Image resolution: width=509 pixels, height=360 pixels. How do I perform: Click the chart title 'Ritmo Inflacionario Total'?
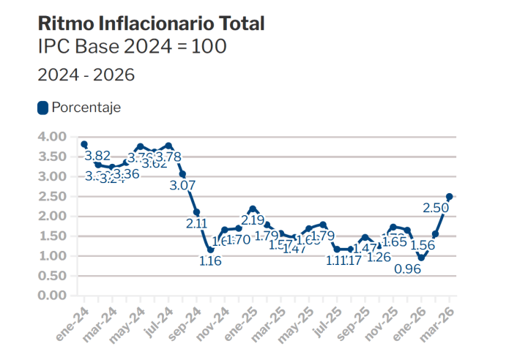[x=151, y=23]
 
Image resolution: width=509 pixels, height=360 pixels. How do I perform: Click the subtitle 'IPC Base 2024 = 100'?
[x=132, y=48]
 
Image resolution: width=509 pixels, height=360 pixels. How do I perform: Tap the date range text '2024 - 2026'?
[x=86, y=75]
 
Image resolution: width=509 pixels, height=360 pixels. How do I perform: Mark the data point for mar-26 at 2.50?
[x=450, y=196]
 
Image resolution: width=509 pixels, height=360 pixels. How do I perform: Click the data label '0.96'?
[x=407, y=269]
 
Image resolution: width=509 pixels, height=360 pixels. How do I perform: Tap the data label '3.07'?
[x=182, y=186]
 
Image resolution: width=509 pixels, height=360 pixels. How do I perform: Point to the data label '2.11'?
[x=196, y=224]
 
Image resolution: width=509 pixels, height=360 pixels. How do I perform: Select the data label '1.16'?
[x=210, y=261]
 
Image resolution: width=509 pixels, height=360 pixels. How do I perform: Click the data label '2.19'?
[x=253, y=220]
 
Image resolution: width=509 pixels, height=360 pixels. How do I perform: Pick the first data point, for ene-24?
[x=84, y=144]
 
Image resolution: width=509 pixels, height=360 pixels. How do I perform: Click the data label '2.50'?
[x=436, y=209]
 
